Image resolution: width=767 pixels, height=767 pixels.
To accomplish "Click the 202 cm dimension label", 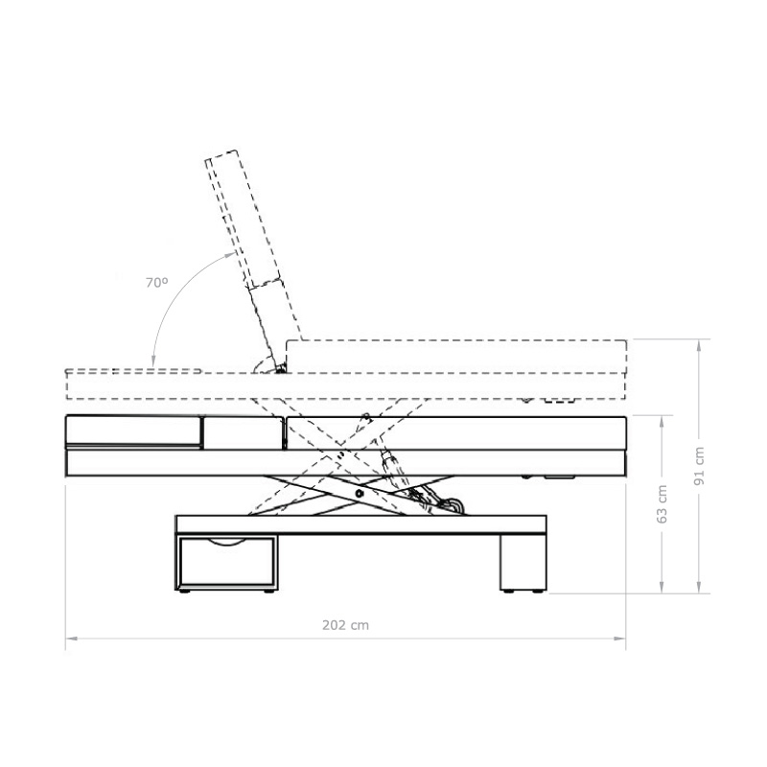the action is point(345,625).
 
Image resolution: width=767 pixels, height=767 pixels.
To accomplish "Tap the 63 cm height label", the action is point(662,504).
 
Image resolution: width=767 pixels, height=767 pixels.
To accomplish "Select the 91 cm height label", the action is point(700,466).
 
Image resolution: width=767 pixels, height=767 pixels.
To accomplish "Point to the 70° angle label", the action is point(157,282).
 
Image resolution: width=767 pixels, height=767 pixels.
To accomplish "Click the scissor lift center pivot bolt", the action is point(360,494).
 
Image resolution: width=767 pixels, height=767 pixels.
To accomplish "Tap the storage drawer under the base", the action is point(226,562).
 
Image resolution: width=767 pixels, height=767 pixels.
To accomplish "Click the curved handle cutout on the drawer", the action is point(225,542).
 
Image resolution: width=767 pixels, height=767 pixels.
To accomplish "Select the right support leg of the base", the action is point(523,562).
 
